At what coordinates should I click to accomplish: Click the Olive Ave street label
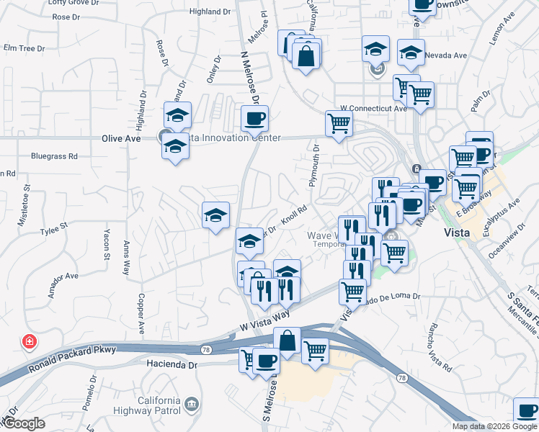tap(121, 138)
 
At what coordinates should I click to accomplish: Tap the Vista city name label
tap(458, 233)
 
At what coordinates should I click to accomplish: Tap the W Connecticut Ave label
tap(374, 109)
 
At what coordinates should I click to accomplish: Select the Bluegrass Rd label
tap(53, 156)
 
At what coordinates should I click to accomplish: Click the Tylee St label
tap(53, 225)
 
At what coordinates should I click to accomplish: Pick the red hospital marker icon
tap(30, 341)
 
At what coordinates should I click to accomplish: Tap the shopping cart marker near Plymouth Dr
tap(339, 123)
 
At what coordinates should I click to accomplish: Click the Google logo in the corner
tap(23, 423)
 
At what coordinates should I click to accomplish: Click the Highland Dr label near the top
tap(209, 12)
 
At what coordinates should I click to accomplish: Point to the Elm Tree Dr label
tap(24, 48)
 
